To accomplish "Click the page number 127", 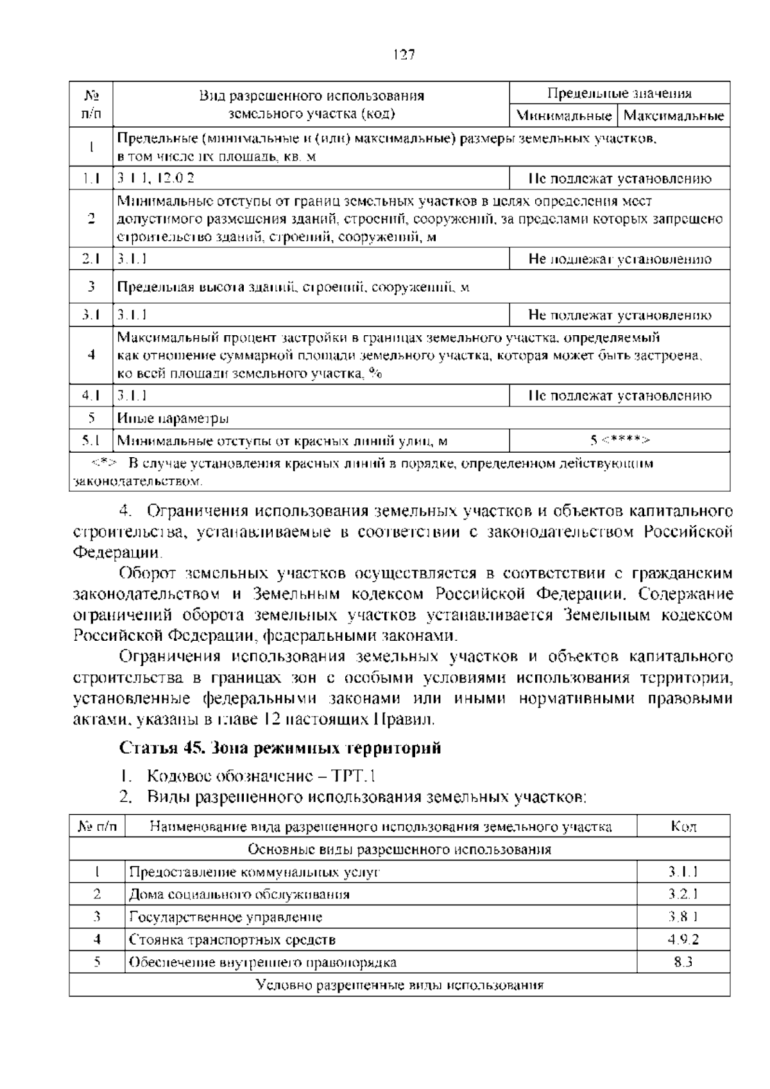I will tap(403, 55).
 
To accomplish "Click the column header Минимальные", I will tap(563, 116).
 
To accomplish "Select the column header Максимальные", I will tap(673, 116).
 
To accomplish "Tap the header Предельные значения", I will tap(619, 94).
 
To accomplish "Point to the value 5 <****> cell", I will tap(619, 440).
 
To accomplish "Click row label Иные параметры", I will tap(173, 419).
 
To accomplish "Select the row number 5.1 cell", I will tap(91, 440).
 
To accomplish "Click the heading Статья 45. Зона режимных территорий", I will tap(280, 748).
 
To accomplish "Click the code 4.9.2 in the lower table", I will tap(683, 939).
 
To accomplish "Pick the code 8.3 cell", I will tap(683, 962).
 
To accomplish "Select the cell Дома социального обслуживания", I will tap(239, 894).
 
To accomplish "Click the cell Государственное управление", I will tap(226, 917).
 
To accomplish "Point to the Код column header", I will tap(683, 826).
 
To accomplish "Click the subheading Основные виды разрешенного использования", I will tap(399, 849).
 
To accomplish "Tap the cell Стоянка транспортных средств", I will tap(232, 939).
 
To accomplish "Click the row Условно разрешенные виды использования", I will tap(399, 984).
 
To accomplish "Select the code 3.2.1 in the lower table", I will tap(683, 894).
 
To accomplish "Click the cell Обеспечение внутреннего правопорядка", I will tap(262, 962).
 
